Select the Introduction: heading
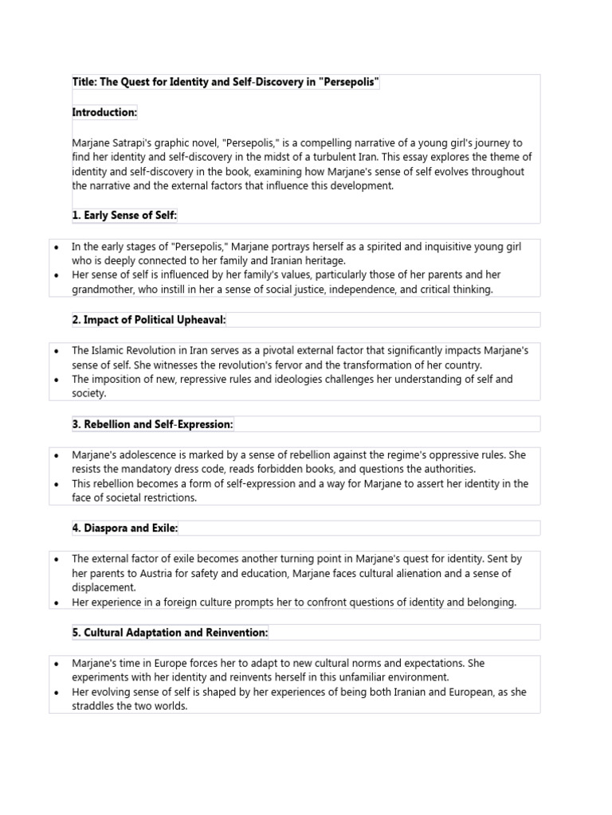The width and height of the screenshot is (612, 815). pyautogui.click(x=104, y=113)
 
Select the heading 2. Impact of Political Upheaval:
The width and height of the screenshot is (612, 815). pyautogui.click(x=149, y=320)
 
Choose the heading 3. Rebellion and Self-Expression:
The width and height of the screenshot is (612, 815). pyautogui.click(x=152, y=424)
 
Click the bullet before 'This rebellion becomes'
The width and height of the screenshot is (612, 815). pyautogui.click(x=56, y=484)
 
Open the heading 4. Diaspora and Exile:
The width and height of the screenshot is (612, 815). pyautogui.click(x=125, y=528)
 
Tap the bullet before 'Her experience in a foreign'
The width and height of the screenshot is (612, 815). pyautogui.click(x=56, y=602)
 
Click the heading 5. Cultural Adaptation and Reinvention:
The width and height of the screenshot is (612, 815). pyautogui.click(x=170, y=633)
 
